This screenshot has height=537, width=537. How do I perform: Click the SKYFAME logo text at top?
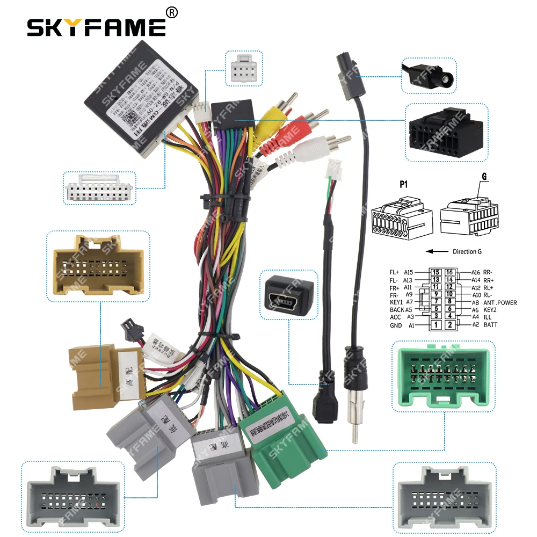click(97, 27)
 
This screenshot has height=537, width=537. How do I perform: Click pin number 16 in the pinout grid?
click(450, 273)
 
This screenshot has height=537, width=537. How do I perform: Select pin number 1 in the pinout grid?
click(436, 325)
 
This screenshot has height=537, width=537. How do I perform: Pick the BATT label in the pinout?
click(491, 325)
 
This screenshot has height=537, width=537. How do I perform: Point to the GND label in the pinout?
click(396, 325)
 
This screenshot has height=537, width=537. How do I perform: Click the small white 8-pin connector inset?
click(243, 68)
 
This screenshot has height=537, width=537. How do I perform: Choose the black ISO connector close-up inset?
click(446, 133)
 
